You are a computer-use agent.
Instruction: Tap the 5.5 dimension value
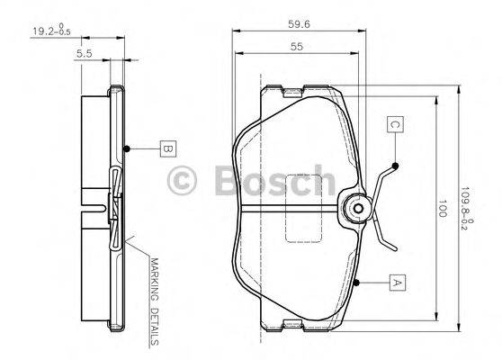pos(85,55)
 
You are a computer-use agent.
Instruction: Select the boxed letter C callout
pos(394,125)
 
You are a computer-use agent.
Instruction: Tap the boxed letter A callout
pos(394,283)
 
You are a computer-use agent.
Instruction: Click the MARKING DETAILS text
pos(154,302)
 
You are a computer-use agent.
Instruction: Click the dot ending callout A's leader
pos(357,283)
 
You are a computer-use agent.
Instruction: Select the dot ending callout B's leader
pos(128,148)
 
